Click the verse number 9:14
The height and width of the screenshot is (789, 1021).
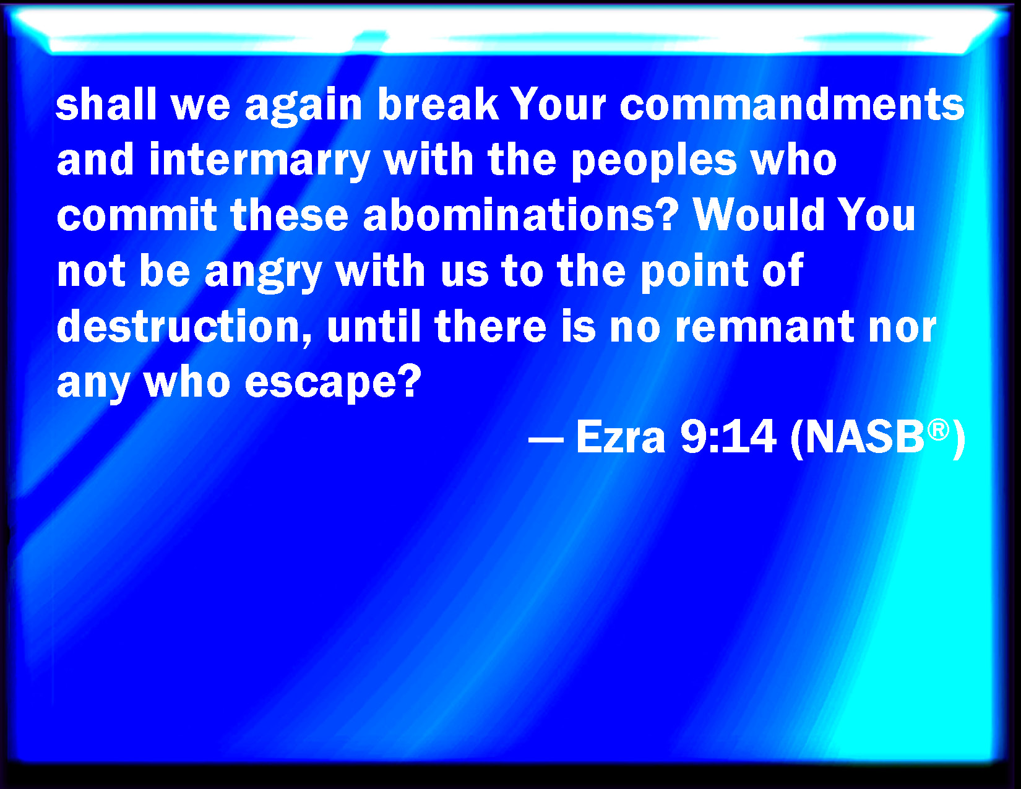pos(729,438)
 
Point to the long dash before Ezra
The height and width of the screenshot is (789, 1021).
pos(546,441)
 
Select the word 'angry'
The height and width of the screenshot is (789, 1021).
pos(264,272)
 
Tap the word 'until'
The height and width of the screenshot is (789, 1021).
pos(374,327)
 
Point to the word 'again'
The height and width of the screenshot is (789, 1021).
pos(304,106)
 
